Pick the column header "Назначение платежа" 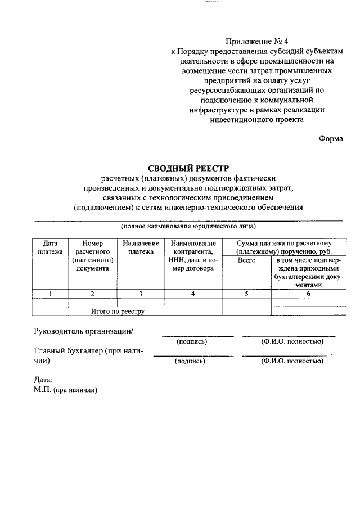(140, 247)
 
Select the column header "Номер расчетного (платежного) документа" (93, 256)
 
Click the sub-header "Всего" (246, 260)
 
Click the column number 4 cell (192, 293)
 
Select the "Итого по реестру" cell (118, 310)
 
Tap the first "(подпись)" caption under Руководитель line (191, 341)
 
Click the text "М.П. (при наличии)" (66, 390)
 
